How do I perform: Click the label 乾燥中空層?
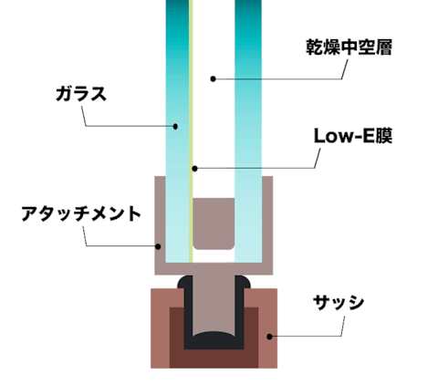tap(349, 47)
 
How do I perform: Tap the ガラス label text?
tap(81, 94)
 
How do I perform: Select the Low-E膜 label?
tap(353, 136)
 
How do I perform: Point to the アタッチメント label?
tap(81, 213)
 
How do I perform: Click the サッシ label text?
tap(339, 303)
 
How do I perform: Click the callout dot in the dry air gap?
tap(214, 79)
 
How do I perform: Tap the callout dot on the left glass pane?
tap(175, 126)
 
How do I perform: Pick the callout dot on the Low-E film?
tap(195, 169)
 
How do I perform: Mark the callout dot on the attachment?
tap(158, 246)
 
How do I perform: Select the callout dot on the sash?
tap(269, 337)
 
